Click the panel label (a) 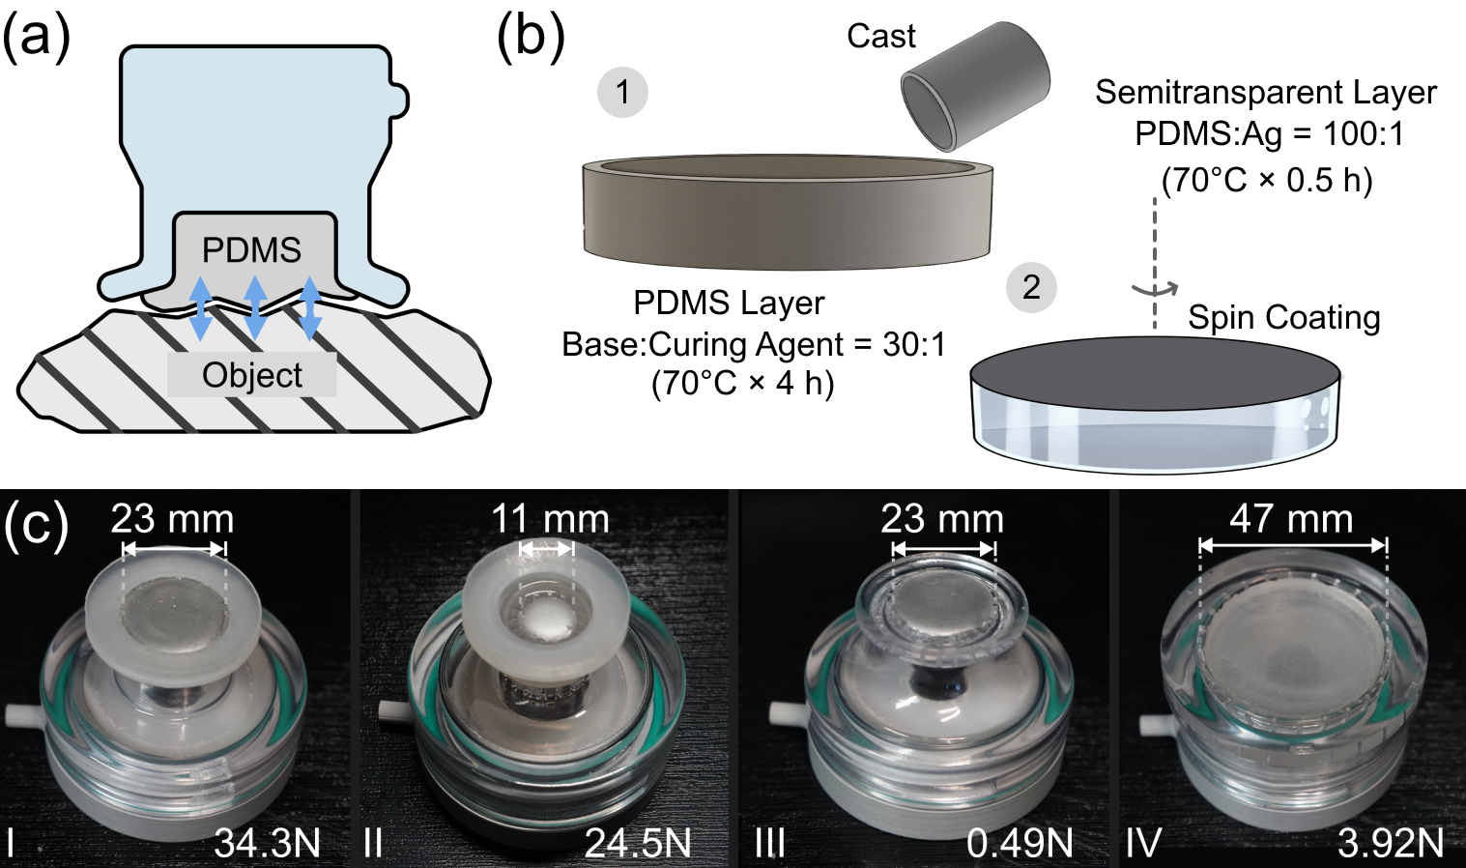(x=37, y=41)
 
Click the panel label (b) (x=530, y=41)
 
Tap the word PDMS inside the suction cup (x=251, y=250)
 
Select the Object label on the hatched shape (x=252, y=375)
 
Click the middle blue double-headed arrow (x=255, y=307)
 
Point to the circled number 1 (x=622, y=93)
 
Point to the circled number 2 (x=1031, y=287)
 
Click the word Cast (x=880, y=37)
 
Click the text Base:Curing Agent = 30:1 (x=754, y=344)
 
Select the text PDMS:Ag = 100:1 (x=1269, y=133)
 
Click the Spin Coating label (x=1283, y=318)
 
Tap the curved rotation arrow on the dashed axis (x=1155, y=288)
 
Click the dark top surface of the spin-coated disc (x=1155, y=371)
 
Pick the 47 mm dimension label (x=1291, y=519)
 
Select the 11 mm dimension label (x=550, y=519)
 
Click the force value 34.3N (x=268, y=843)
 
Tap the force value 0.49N (x=1020, y=843)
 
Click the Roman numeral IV (x=1143, y=843)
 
